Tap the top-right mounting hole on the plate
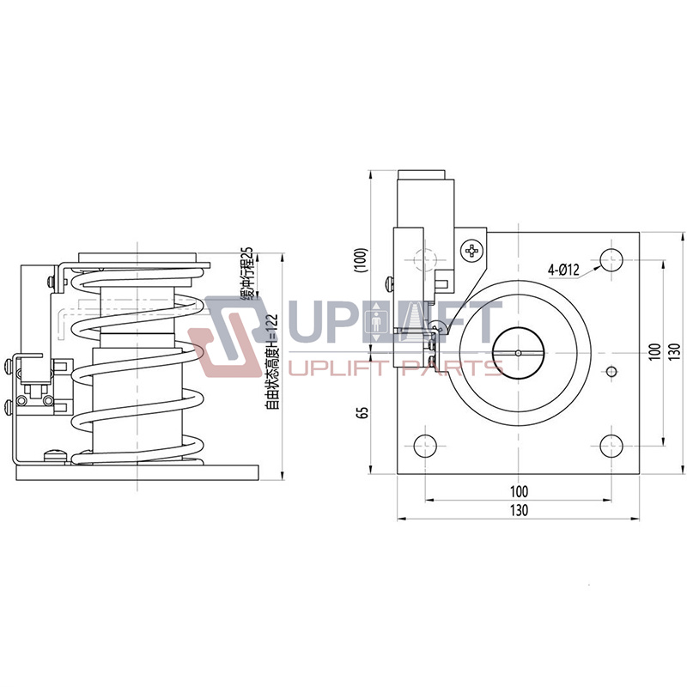(x=611, y=258)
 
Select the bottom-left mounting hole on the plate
(x=425, y=445)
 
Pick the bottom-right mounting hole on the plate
(x=611, y=445)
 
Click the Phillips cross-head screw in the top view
(x=471, y=252)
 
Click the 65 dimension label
(x=362, y=412)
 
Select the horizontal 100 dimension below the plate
(x=518, y=491)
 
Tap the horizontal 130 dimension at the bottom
(x=518, y=509)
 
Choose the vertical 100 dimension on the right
(x=654, y=352)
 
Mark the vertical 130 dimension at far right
(x=673, y=352)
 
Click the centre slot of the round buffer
(x=518, y=352)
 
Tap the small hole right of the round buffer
(x=611, y=371)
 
